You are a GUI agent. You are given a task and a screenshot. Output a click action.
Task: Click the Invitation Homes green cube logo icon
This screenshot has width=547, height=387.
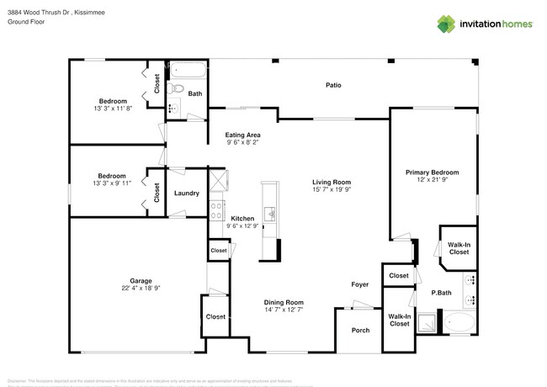pyautogui.click(x=444, y=23)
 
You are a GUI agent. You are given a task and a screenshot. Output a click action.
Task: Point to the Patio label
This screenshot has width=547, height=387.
pyautogui.click(x=333, y=85)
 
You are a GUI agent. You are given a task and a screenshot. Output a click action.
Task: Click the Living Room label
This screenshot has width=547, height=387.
pyautogui.click(x=331, y=182)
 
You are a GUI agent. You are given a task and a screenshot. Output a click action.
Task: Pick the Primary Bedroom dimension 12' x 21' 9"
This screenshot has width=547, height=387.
pyautogui.click(x=431, y=180)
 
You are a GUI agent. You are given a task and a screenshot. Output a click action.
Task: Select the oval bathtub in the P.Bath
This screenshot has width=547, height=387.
pyautogui.click(x=459, y=322)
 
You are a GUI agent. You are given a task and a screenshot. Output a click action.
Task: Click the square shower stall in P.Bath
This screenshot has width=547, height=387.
pyautogui.click(x=428, y=321)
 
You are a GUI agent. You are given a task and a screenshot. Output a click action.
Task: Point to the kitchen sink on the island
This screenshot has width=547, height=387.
pyautogui.click(x=271, y=214)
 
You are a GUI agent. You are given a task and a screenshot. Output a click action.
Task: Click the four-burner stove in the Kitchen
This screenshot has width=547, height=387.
pyautogui.click(x=216, y=210)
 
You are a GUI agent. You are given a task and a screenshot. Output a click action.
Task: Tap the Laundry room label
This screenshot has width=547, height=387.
pyautogui.click(x=186, y=193)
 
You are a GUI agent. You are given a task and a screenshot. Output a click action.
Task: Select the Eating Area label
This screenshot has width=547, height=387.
pyautogui.click(x=242, y=135)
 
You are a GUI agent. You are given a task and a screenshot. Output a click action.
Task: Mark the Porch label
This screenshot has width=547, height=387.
pyautogui.click(x=359, y=330)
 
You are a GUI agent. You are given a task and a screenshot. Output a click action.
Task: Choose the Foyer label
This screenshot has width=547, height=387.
pyautogui.click(x=360, y=284)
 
